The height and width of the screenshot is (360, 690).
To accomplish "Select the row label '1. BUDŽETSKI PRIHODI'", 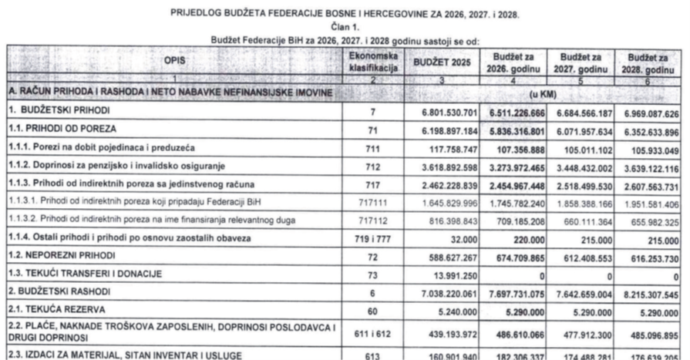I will coord(46,113).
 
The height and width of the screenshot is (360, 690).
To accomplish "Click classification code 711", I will coord(372,149).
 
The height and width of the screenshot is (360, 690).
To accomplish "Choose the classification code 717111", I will coord(372,204).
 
